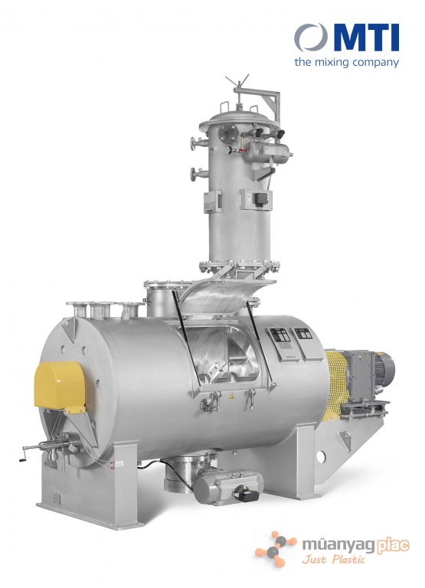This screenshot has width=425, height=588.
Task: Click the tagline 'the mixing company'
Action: pos(346,62)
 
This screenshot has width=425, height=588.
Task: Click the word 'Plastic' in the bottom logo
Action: pos(349,560)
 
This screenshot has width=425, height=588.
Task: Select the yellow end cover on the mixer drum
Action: pos(60,386)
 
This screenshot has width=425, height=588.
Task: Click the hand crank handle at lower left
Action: pos(25,452)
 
